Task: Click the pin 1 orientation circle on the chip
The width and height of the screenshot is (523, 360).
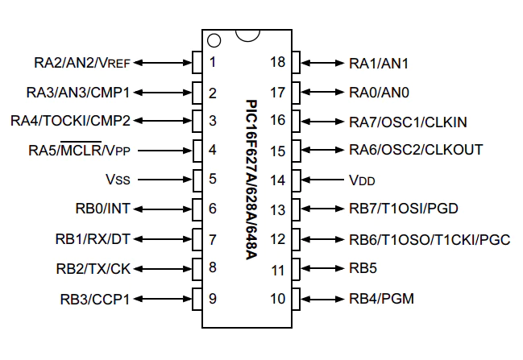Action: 214,39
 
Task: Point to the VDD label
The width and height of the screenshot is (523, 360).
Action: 363,180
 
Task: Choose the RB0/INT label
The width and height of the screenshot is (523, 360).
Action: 101,209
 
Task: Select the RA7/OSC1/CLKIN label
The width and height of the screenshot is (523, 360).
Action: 408,122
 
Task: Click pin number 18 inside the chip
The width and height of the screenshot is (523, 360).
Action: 277,62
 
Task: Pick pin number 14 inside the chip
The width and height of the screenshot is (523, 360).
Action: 277,180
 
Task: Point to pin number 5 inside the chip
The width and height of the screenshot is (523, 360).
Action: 213,180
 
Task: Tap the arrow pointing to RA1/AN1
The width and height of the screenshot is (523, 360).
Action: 322,62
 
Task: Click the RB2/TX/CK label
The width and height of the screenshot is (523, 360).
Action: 93,269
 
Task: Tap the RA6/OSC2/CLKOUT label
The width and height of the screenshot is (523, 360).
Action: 416,151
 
